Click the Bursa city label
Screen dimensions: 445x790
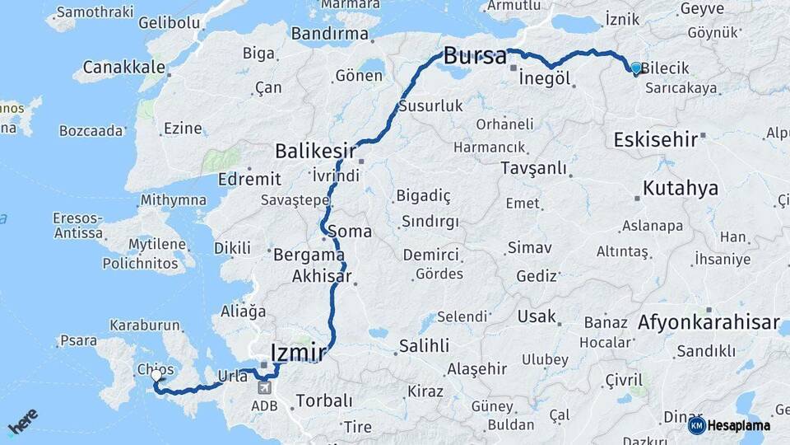click(x=475, y=57)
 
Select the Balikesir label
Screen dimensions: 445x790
click(x=315, y=152)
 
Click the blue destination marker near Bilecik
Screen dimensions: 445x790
click(x=635, y=69)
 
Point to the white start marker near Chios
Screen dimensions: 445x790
click(x=156, y=376)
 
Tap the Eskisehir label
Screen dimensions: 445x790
click(x=656, y=140)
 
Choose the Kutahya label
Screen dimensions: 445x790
click(x=680, y=189)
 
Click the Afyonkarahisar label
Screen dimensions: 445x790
click(x=709, y=323)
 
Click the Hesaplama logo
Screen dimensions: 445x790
click(x=729, y=426)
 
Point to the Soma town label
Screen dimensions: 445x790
click(x=350, y=232)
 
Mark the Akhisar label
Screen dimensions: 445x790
click(x=322, y=277)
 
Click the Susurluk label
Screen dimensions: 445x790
click(x=431, y=106)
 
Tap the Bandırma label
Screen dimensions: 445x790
click(x=329, y=34)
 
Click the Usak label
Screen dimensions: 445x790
click(x=537, y=316)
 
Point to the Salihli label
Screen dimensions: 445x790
click(x=424, y=346)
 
